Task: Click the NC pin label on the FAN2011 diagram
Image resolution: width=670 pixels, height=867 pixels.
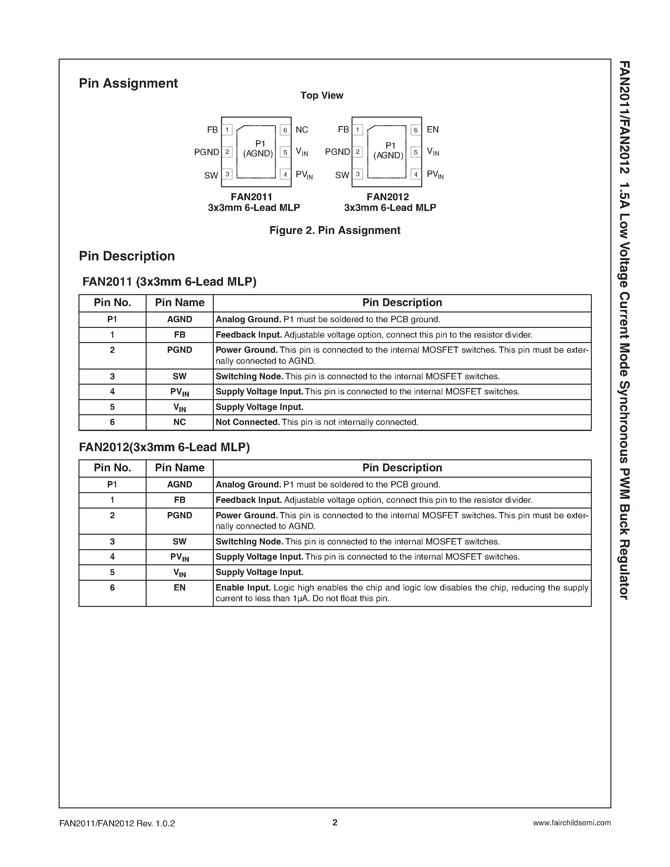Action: [302, 130]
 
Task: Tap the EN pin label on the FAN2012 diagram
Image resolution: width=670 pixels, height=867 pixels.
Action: [433, 129]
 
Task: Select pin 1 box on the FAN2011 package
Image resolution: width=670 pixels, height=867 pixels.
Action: [227, 130]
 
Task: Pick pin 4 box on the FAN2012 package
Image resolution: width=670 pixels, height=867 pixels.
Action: [416, 174]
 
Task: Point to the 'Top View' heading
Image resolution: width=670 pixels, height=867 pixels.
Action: [322, 95]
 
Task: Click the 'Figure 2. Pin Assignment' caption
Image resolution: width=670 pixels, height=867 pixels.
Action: [335, 230]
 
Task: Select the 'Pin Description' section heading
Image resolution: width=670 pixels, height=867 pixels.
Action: [127, 256]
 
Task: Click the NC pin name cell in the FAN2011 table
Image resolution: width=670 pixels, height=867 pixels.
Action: [179, 422]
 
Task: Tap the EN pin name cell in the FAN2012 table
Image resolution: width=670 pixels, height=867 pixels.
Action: [179, 588]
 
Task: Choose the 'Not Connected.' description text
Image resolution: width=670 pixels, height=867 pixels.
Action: [248, 422]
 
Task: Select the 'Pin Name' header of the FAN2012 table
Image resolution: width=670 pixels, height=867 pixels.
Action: [179, 468]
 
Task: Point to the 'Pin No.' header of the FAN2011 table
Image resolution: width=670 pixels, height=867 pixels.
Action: [112, 302]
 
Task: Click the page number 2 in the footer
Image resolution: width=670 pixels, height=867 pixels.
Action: [335, 823]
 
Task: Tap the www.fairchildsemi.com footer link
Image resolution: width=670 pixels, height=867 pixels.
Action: [572, 823]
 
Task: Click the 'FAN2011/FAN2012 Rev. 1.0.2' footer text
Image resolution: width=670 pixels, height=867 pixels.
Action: [117, 823]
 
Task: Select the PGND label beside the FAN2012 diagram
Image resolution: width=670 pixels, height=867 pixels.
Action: [337, 152]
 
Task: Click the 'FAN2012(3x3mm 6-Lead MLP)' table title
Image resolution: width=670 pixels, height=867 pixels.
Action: [164, 447]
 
